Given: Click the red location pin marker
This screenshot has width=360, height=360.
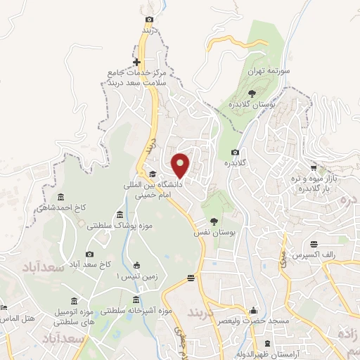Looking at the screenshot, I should coord(181,165).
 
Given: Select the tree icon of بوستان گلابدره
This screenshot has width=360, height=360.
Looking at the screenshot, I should coord(252,92).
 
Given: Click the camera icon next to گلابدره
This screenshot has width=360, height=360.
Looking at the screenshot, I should coord(235,153).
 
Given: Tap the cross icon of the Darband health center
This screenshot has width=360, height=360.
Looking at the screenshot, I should coord(137,63).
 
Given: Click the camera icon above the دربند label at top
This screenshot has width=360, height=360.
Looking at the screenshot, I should coord(149,20).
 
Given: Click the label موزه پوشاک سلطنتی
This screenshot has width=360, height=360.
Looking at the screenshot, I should coord(115,226).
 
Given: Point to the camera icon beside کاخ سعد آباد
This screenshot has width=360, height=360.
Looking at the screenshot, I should coord(89,254).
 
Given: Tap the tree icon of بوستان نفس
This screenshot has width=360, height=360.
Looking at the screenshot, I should coord(214,221).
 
